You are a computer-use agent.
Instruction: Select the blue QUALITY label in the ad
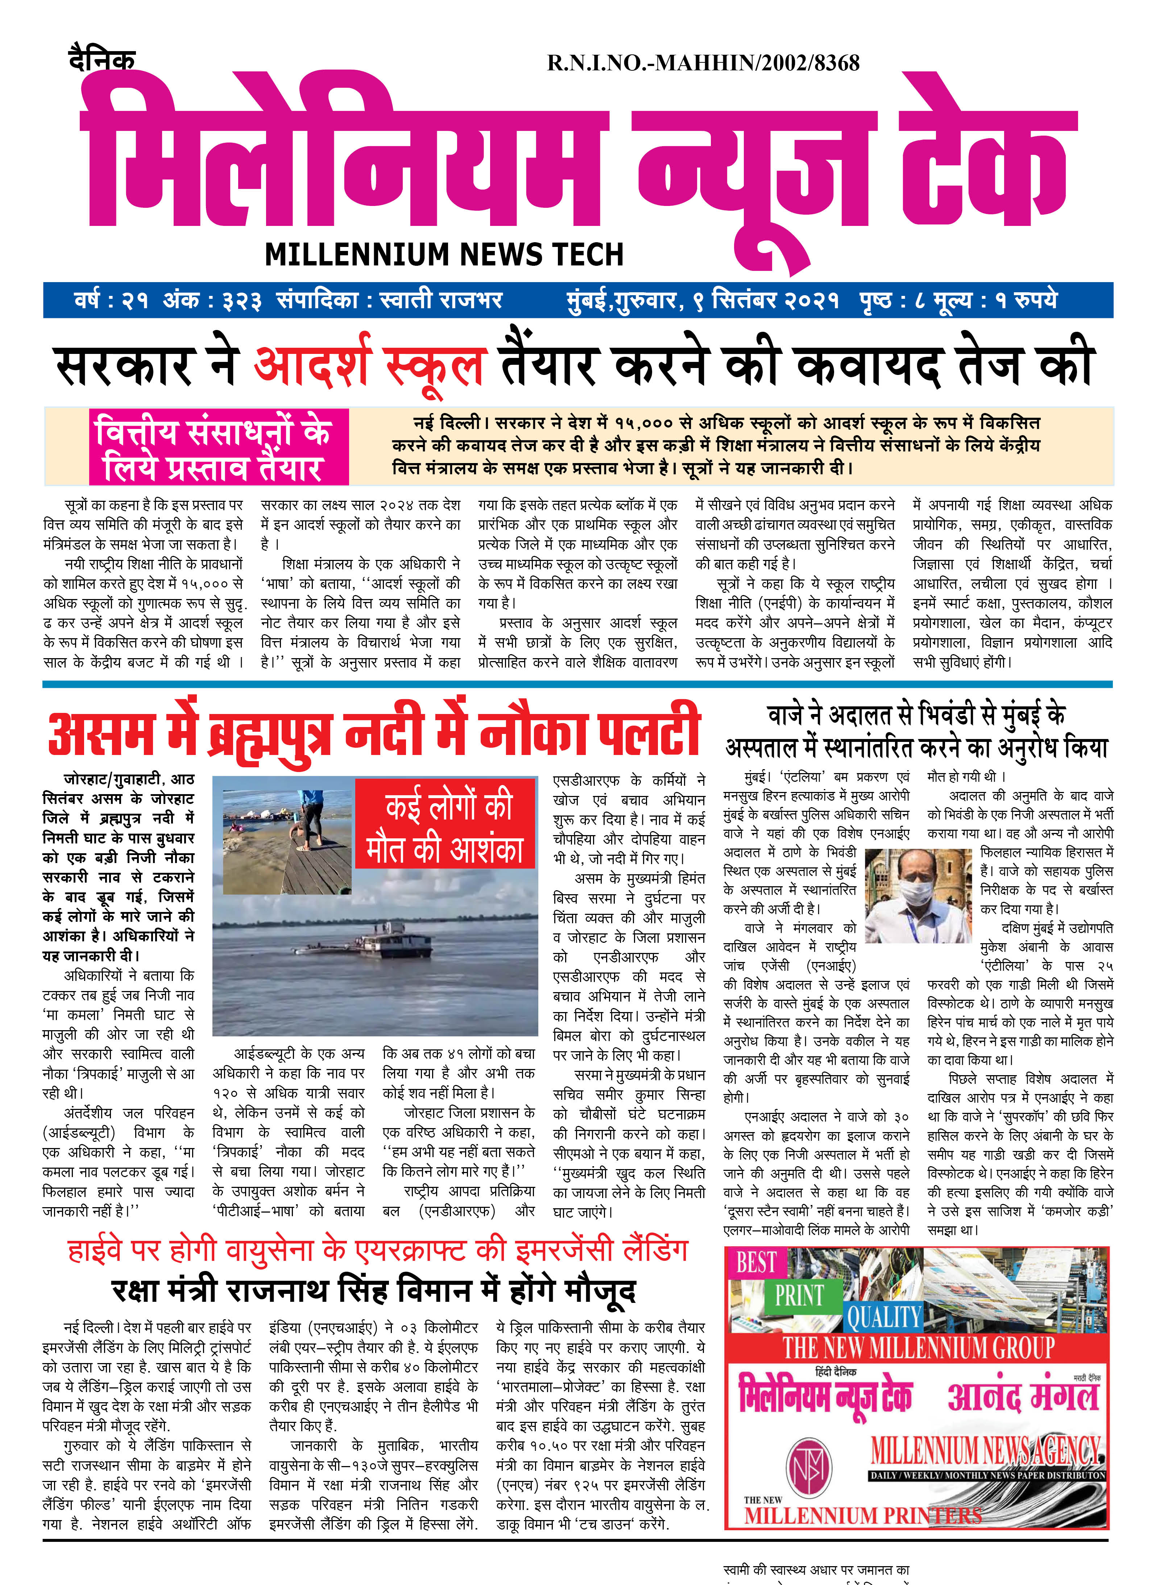click(x=884, y=1317)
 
